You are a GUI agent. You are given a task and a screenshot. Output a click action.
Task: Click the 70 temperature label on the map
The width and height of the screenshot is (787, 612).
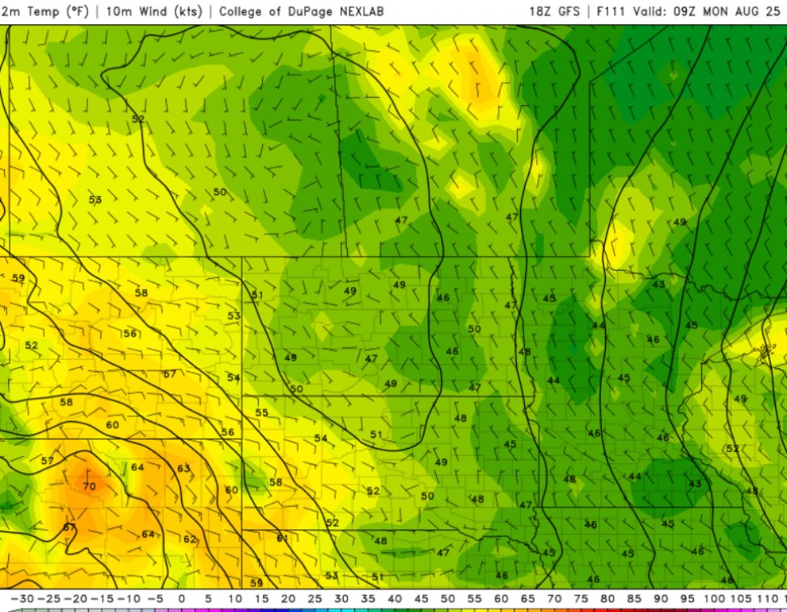pyautogui.click(x=89, y=486)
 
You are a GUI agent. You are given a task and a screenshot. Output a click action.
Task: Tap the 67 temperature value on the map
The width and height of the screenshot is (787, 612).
pyautogui.click(x=70, y=527)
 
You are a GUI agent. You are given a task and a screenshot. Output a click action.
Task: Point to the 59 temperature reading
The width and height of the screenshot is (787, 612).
pyautogui.click(x=19, y=278)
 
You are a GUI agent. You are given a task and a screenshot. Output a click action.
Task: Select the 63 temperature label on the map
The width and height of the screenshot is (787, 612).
pyautogui.click(x=184, y=468)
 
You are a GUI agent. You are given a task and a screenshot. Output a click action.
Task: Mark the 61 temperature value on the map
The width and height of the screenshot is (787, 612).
pyautogui.click(x=282, y=538)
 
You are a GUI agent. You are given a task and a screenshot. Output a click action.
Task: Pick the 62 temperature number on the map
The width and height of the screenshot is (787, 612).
pyautogui.click(x=189, y=539)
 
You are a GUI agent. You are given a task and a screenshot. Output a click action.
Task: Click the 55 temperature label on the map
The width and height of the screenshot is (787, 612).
pyautogui.click(x=261, y=412)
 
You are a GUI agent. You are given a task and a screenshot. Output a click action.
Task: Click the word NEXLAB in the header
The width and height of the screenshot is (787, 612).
pyautogui.click(x=357, y=11)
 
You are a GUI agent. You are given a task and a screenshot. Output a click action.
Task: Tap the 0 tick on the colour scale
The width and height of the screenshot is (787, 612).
pyautogui.click(x=181, y=598)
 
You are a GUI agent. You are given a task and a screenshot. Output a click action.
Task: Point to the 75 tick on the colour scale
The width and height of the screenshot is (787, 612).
pyautogui.click(x=582, y=598)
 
